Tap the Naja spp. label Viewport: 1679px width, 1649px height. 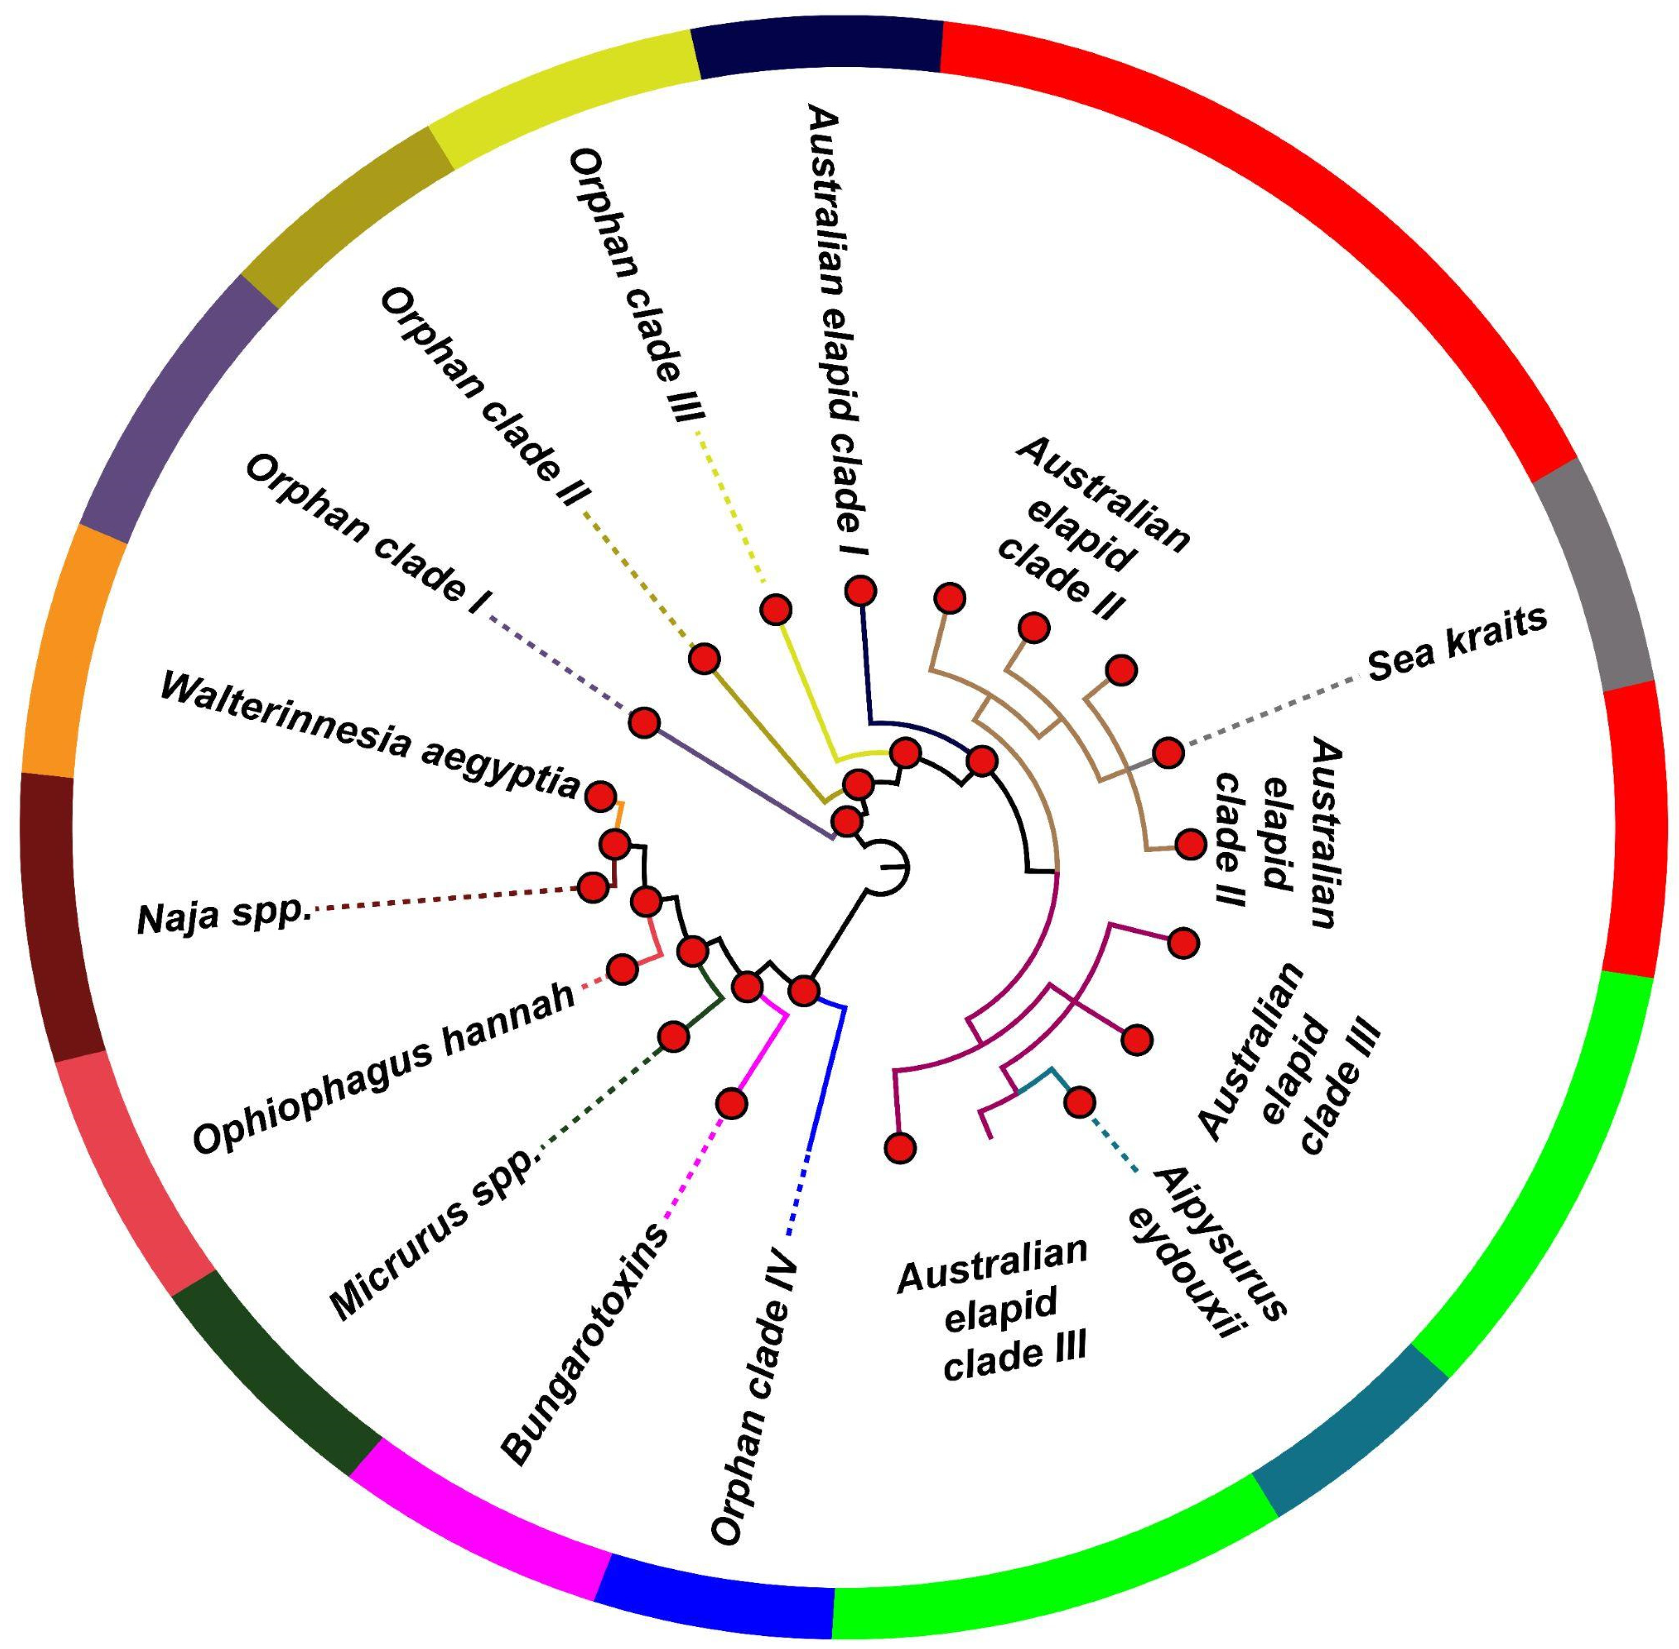[223, 917]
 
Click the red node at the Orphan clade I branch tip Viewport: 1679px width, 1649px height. [644, 721]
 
